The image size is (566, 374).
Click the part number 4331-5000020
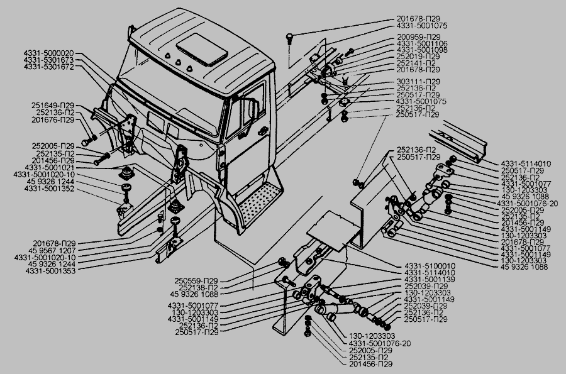[x=49, y=53]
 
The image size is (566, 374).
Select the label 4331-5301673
[x=49, y=59]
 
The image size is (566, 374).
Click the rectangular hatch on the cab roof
[x=199, y=48]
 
